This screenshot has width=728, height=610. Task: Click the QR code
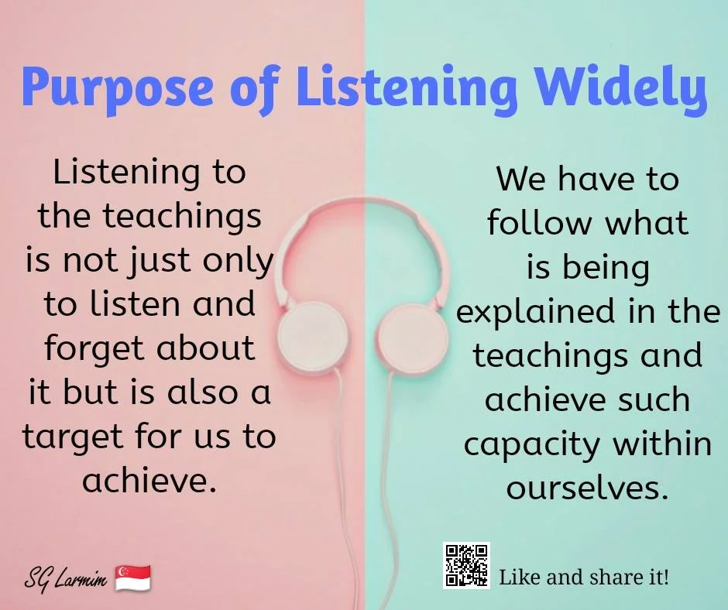point(466,565)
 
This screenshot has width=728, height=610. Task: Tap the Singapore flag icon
point(132,577)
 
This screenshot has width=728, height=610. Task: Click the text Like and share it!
point(584,577)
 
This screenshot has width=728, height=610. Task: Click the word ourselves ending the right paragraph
point(586,488)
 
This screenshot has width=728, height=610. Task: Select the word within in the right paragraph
point(662,444)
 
